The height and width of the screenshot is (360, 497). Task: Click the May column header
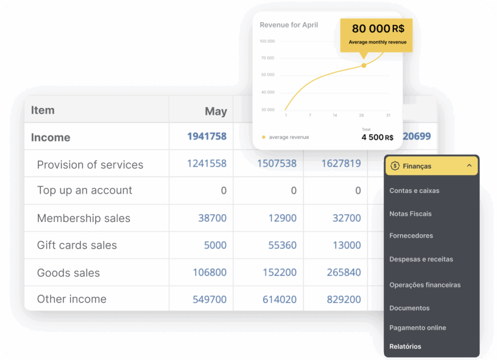pos(215,111)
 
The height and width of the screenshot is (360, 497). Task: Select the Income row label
pos(50,137)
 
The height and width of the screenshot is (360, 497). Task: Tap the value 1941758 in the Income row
pos(207,137)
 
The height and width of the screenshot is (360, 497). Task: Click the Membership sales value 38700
pos(212,218)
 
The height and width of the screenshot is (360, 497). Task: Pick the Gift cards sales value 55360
pos(282,245)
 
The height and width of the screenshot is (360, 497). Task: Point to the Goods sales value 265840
pos(344,273)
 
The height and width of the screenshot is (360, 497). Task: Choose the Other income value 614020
pos(279,299)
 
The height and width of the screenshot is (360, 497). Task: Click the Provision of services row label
pos(90,165)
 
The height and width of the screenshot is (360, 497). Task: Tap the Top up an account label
pos(84,190)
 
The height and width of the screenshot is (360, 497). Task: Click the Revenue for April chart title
pos(289,25)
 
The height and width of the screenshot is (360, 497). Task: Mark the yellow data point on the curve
pos(364,65)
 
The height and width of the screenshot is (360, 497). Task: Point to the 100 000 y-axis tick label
pos(267,41)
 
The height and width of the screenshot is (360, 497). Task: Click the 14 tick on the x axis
pos(335,115)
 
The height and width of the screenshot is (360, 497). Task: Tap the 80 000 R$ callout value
pos(378,29)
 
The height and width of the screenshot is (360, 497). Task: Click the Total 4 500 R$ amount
pos(377,137)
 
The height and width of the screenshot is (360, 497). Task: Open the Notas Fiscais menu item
pos(410,214)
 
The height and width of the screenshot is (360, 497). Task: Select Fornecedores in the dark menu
pos(411,236)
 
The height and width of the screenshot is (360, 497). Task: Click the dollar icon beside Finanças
pos(395,166)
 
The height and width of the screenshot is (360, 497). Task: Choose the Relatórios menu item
pos(405,346)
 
